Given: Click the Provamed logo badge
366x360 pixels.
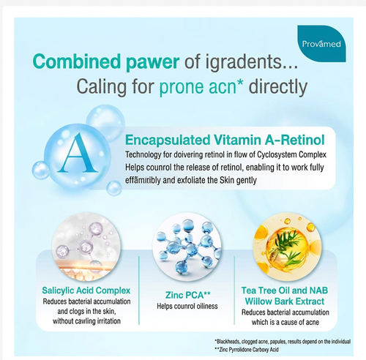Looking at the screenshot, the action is [x=321, y=43].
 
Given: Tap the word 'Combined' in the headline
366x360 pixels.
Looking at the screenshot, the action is [x=77, y=61].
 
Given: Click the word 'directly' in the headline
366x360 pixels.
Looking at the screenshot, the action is [x=278, y=87].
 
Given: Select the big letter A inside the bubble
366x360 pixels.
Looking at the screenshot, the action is [x=78, y=153].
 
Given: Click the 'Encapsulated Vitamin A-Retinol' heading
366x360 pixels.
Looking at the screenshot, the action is [x=225, y=140].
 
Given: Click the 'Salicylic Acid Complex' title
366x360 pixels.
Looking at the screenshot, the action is [x=86, y=290].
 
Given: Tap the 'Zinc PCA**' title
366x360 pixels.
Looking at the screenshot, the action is [x=187, y=295].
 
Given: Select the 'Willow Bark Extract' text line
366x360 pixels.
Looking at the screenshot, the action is [x=285, y=301].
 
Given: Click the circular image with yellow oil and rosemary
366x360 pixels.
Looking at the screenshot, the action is [x=287, y=247].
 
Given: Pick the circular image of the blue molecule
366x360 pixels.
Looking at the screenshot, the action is [x=187, y=247].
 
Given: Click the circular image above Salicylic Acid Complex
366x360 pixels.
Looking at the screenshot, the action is [x=86, y=247].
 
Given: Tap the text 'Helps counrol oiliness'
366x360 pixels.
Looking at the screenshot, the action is [x=187, y=306].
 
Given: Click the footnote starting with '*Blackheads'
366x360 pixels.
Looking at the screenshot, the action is [x=283, y=342].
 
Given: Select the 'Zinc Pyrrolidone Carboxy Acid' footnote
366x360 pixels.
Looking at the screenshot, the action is [x=247, y=350].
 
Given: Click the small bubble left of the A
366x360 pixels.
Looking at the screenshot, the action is [x=41, y=170].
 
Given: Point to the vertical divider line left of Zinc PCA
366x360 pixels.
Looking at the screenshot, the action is [x=139, y=290].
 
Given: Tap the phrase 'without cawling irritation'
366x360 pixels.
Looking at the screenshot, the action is [x=86, y=321].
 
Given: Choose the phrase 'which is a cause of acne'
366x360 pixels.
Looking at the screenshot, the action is [x=285, y=322].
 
